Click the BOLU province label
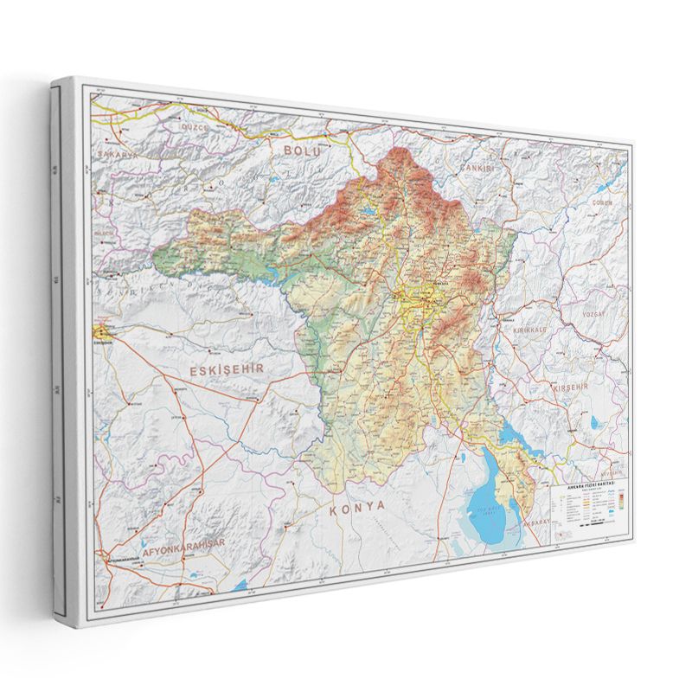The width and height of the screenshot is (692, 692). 302,151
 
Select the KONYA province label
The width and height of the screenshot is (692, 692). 356,510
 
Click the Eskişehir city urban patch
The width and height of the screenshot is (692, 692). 103,331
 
